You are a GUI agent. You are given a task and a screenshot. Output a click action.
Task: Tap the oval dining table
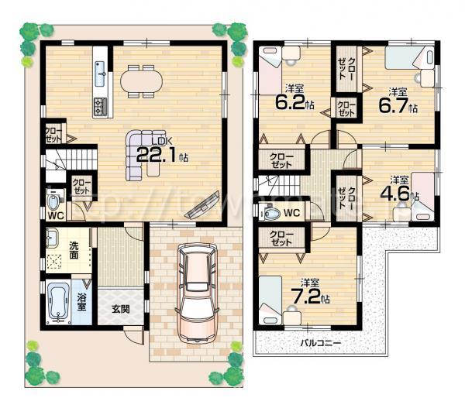coord(141,80)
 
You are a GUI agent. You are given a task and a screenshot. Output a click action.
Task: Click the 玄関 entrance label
coord(120,309)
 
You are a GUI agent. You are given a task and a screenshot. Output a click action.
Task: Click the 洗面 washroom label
coord(74,250)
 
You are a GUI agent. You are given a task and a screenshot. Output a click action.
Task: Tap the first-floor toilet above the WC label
coord(52,203)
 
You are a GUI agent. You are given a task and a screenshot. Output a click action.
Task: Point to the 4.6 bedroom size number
coord(398,192)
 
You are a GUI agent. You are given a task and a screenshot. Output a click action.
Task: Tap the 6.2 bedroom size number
coord(292,101)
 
